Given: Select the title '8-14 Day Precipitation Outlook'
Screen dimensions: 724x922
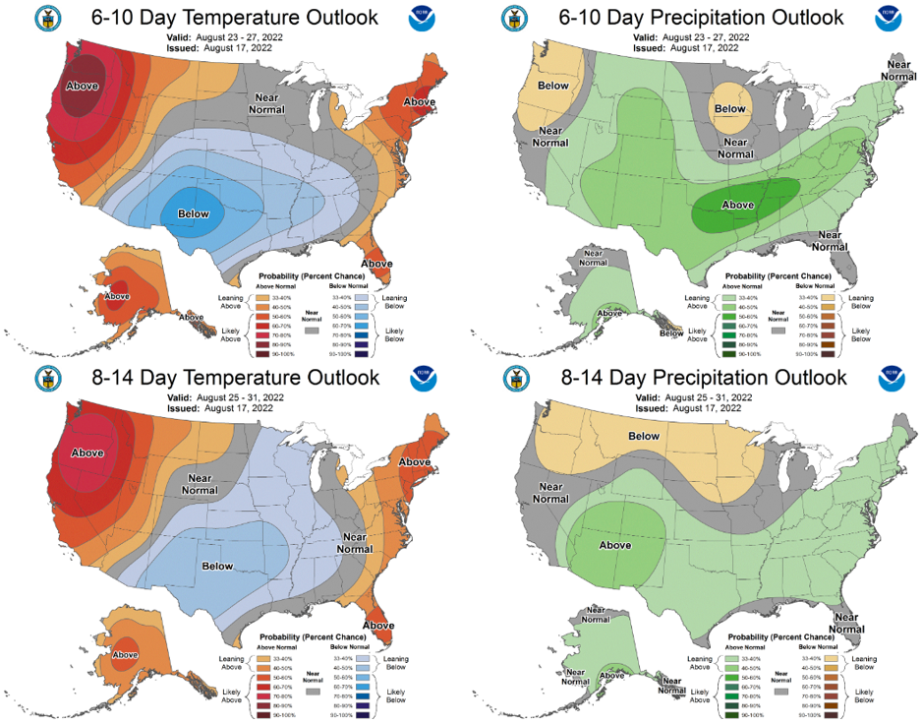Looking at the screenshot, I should coord(690,379).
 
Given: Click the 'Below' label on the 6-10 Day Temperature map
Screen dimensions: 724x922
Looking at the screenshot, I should coord(193,213).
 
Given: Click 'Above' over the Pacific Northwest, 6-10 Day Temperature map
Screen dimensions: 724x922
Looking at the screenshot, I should coord(82,87).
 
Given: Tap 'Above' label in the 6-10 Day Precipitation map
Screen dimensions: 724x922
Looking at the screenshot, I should coord(737,205).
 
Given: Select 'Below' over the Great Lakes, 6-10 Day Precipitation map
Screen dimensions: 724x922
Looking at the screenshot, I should coord(729,109).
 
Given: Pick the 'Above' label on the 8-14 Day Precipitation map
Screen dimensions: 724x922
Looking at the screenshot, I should coord(614,544).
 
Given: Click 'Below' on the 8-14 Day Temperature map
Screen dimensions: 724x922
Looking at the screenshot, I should coord(217,566).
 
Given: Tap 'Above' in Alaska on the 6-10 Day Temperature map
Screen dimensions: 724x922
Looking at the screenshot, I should coord(117,296).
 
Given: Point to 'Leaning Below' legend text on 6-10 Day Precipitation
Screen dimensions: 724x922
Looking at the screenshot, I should coord(861,302).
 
